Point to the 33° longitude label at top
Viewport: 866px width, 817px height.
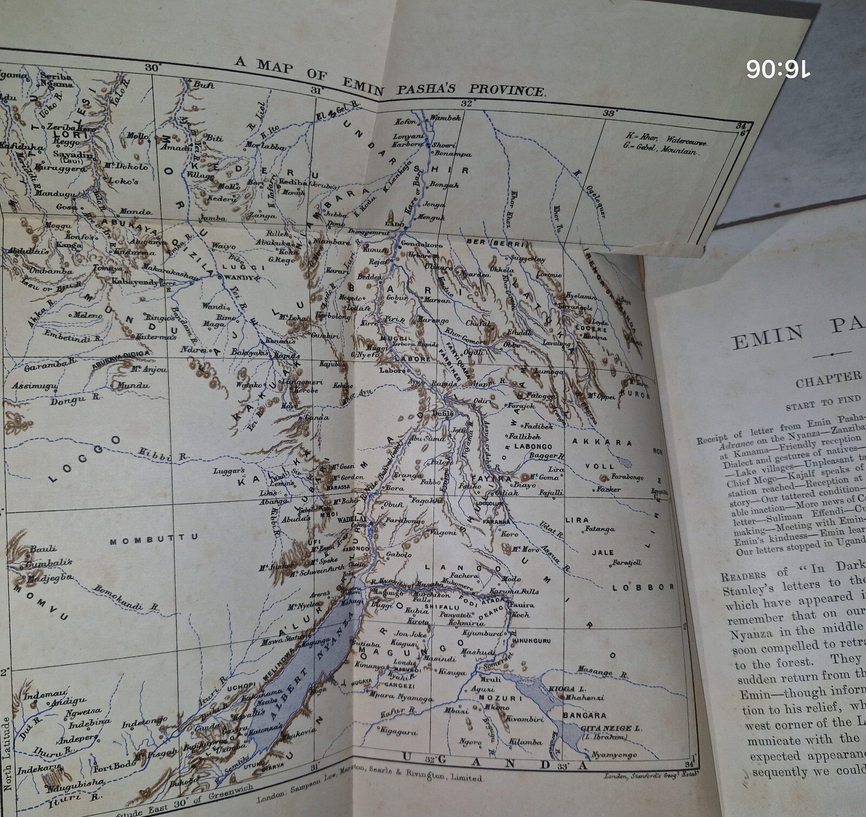pyautogui.click(x=609, y=114)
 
